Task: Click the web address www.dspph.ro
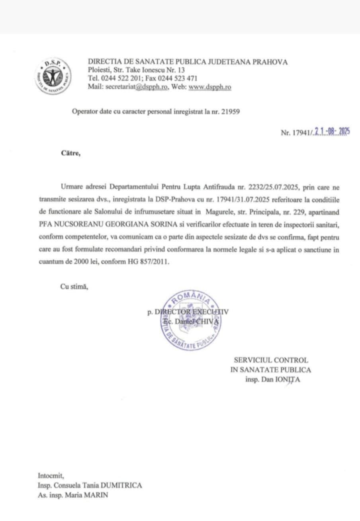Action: pyautogui.click(x=209, y=87)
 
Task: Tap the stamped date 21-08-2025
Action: pyautogui.click(x=332, y=132)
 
